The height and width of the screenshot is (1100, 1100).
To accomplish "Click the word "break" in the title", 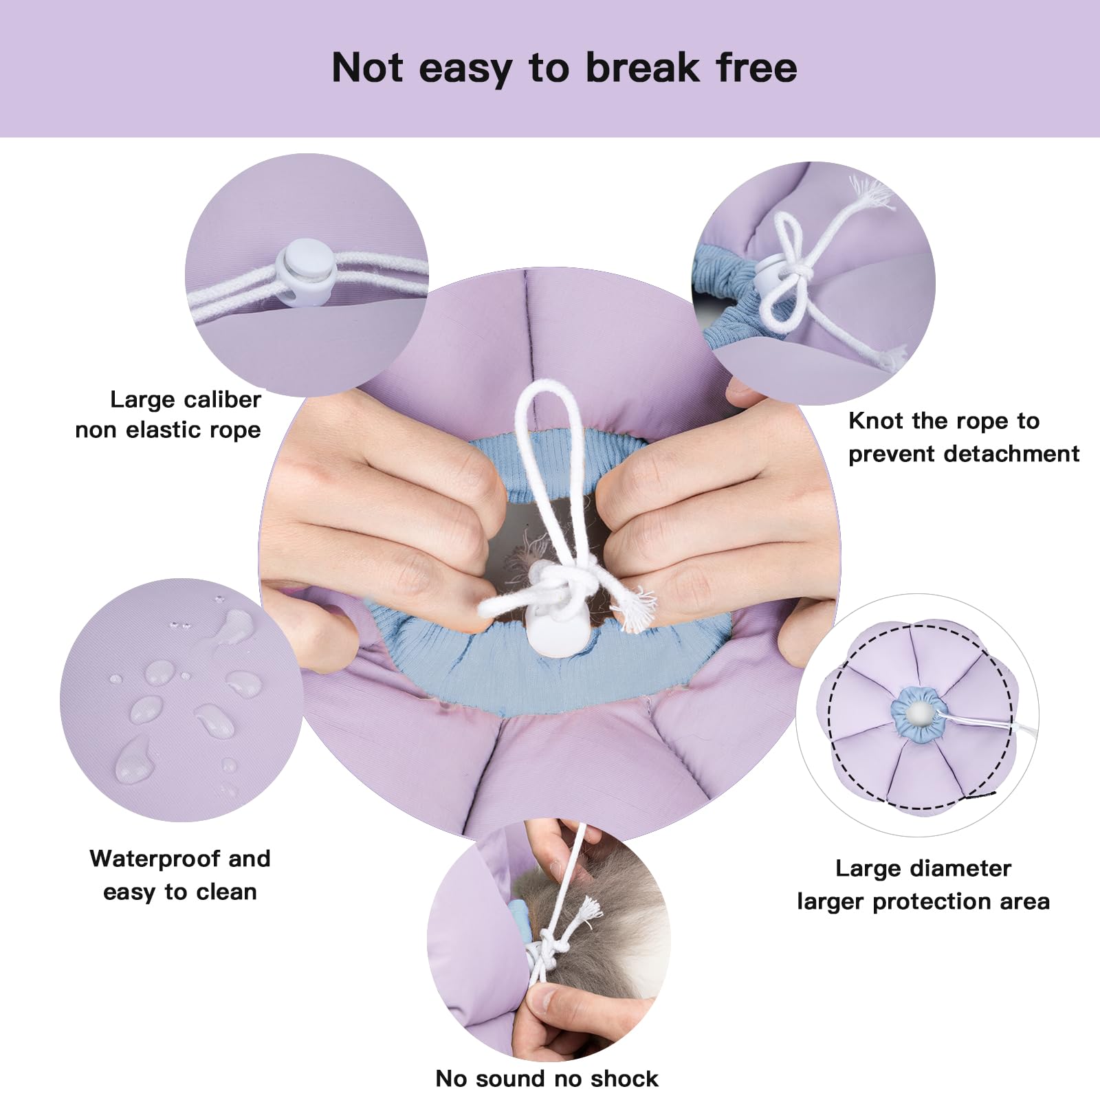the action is point(643,67).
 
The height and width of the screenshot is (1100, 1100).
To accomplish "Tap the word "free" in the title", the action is point(757,67).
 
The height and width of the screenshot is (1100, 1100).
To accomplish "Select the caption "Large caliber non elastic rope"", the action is point(168,415).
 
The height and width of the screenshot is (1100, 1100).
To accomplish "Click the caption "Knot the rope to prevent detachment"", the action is point(964,437).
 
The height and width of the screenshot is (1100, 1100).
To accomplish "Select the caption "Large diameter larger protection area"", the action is point(923,885).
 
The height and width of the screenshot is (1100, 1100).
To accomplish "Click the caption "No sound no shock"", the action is point(547,1078).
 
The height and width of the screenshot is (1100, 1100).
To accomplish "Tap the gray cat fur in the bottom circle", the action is point(605,914).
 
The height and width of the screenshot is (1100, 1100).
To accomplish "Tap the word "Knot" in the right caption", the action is point(876,421).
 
